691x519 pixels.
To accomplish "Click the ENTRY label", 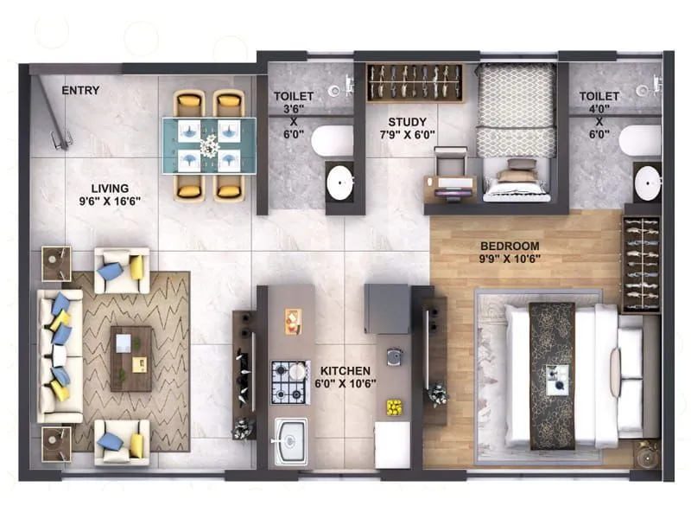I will [80, 90].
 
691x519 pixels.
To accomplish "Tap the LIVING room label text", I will [110, 189].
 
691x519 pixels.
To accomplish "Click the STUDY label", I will [406, 122].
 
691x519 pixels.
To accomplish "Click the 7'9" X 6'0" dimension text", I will [406, 135].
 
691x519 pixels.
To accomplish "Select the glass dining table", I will [209, 144].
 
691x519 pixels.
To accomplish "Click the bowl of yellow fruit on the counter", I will [393, 406].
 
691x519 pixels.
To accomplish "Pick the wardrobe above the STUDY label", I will [415, 83].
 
